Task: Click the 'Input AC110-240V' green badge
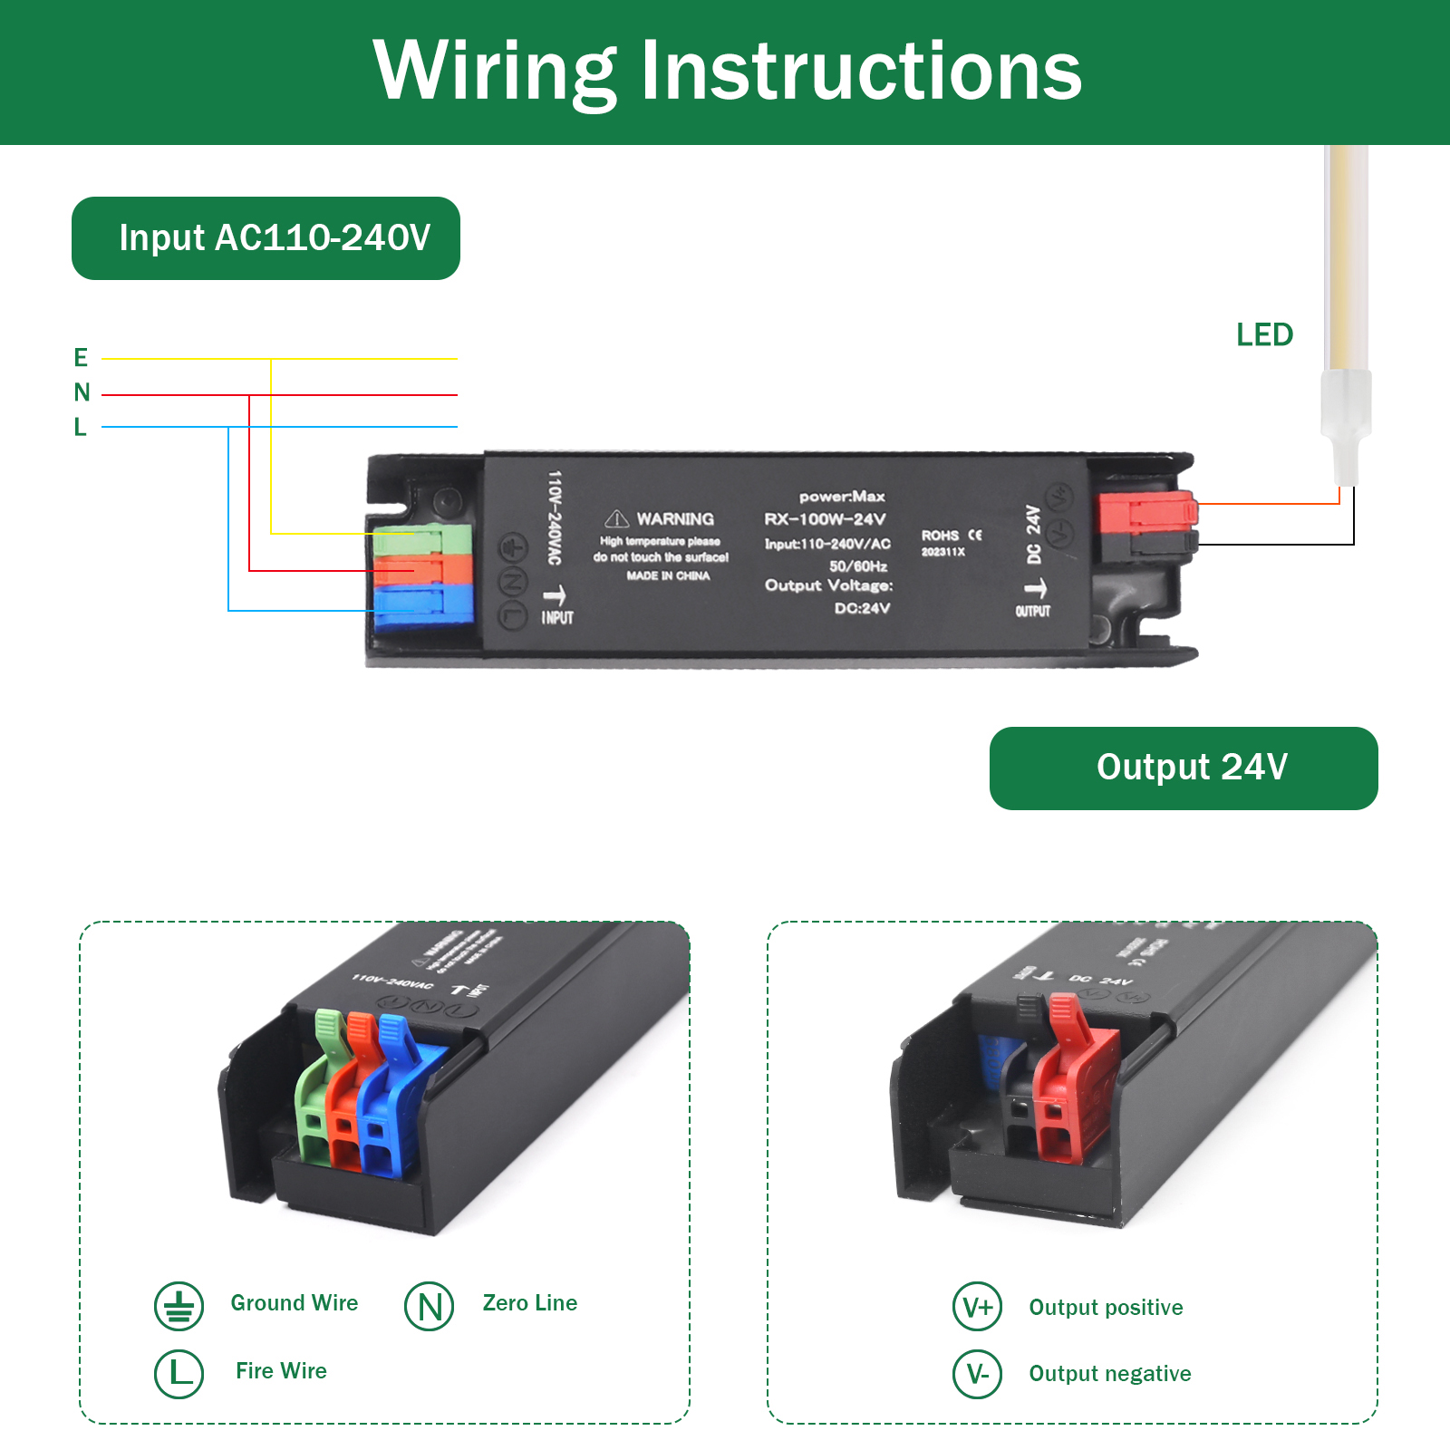tap(266, 238)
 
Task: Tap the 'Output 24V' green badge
tap(1183, 768)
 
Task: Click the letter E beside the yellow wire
tap(81, 358)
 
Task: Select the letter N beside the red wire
tap(82, 392)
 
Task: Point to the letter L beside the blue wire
tap(80, 427)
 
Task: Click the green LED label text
tap(1264, 335)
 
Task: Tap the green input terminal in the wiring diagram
tap(422, 540)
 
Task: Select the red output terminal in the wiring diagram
tap(1146, 513)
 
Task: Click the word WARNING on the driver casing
tap(675, 519)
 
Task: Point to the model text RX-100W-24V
tap(825, 519)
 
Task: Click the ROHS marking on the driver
tap(940, 536)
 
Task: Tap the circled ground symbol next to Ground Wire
tap(179, 1306)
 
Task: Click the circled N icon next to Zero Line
tap(430, 1306)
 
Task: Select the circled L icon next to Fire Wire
tap(179, 1373)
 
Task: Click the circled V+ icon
tap(977, 1307)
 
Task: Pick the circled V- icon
tap(977, 1374)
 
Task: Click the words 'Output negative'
tap(1109, 1374)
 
